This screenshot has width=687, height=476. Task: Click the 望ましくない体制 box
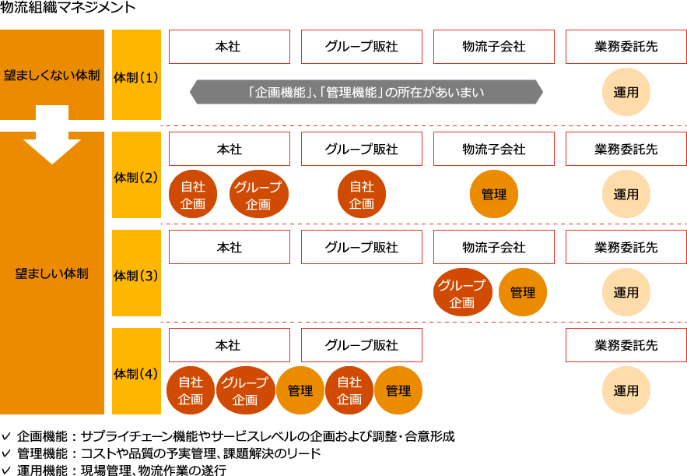click(x=51, y=75)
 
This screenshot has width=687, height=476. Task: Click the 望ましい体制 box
click(x=51, y=273)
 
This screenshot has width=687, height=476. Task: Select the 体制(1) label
click(x=136, y=77)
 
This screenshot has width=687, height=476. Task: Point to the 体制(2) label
click(x=136, y=178)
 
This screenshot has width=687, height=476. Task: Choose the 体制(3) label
click(x=136, y=275)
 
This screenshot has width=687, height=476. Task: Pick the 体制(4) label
click(x=136, y=373)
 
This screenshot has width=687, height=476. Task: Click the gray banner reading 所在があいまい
click(x=366, y=92)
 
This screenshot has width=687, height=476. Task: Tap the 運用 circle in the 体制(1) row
click(x=626, y=92)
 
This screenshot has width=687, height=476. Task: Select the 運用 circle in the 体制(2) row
click(x=626, y=194)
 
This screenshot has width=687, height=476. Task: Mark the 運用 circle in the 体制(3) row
click(x=626, y=292)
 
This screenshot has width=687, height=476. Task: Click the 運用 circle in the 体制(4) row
click(x=626, y=390)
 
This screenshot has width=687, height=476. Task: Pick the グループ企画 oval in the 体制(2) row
click(x=258, y=195)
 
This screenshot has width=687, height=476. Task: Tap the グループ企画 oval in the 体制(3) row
click(x=462, y=293)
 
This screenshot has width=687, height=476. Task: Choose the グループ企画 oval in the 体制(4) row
click(x=245, y=390)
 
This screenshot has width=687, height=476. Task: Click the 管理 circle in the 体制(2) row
click(x=494, y=194)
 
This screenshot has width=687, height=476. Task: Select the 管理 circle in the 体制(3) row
click(x=523, y=292)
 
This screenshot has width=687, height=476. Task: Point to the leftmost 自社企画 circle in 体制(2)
click(x=193, y=195)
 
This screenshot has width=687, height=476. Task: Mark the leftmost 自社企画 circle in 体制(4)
click(x=191, y=390)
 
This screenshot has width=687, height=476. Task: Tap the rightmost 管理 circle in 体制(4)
click(x=398, y=390)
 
